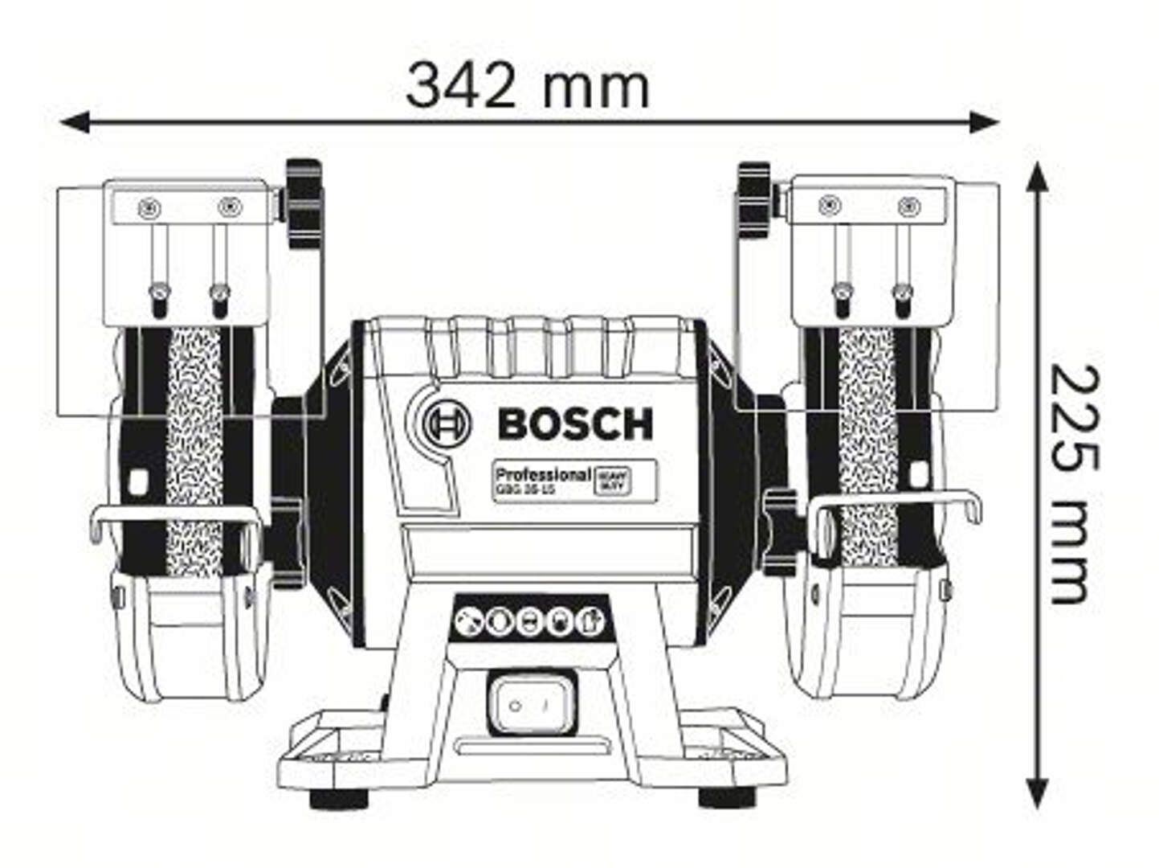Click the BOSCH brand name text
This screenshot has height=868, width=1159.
575,424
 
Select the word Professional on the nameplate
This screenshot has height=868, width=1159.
543,474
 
